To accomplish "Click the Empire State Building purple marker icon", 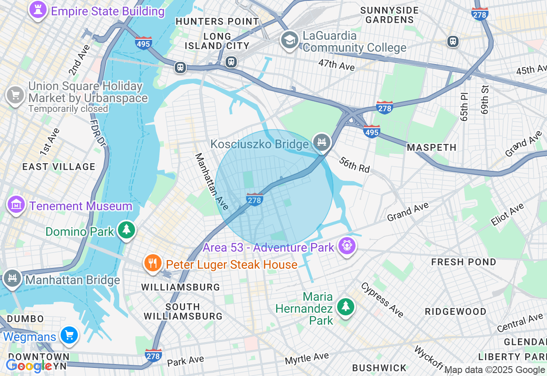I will coord(38,10).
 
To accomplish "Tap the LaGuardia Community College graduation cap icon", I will coord(289,40).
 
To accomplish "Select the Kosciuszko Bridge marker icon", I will coord(321,142).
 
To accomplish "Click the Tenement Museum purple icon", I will coord(16,205).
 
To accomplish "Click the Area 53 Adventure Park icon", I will coord(347,246).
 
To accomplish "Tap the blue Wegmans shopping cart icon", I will coord(69,335).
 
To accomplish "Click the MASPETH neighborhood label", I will coord(432,147).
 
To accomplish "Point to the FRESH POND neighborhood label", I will coord(464,262).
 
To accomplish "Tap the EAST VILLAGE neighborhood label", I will coord(59,167).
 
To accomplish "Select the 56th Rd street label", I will coord(354,164).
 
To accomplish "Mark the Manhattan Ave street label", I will coord(212,181).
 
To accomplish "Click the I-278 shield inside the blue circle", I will coord(255,199).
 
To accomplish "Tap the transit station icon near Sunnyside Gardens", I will coord(453,41).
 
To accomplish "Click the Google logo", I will coord(29,365).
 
